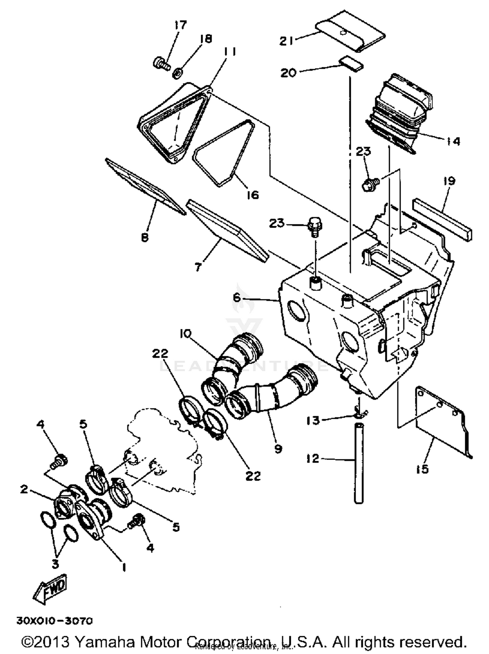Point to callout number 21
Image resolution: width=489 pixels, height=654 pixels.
287,41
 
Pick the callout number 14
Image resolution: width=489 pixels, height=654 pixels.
453,141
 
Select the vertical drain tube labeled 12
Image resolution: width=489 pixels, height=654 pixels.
359,462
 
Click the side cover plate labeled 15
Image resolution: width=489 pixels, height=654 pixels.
443,420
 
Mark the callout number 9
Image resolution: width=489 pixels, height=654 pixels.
278,449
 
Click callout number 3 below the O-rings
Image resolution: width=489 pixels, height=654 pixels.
55,564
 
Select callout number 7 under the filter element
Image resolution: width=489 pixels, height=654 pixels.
198,267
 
